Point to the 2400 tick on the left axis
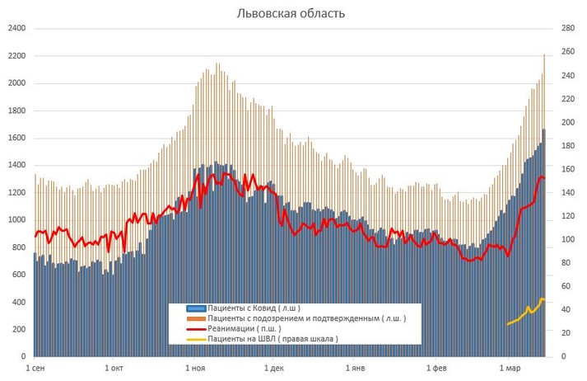(16, 29)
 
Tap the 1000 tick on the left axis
(16, 220)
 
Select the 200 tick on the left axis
(19, 329)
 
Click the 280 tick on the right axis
(567, 29)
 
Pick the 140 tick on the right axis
(567, 193)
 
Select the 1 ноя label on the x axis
(196, 368)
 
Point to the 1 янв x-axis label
(354, 368)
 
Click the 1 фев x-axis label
(434, 368)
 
